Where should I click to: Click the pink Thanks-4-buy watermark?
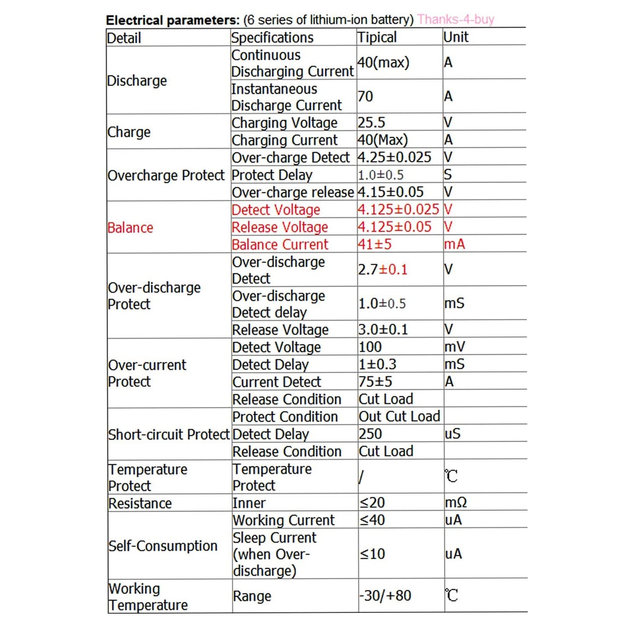pyautogui.click(x=455, y=19)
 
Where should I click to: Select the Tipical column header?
pyautogui.click(x=377, y=37)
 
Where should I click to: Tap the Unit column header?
pyautogui.click(x=456, y=37)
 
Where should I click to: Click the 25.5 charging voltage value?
pyautogui.click(x=371, y=122)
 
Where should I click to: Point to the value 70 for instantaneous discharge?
pyautogui.click(x=365, y=96)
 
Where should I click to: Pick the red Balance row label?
pyautogui.click(x=130, y=228)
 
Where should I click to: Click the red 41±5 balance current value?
pyautogui.click(x=375, y=244)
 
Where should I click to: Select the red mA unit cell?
pyautogui.click(x=455, y=244)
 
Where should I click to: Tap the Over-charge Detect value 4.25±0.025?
pyautogui.click(x=394, y=157)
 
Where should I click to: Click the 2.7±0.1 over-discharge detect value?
pyautogui.click(x=383, y=269)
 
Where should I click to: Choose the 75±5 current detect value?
pyautogui.click(x=375, y=381)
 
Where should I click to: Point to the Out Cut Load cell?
pyautogui.click(x=399, y=416)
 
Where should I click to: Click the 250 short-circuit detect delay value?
pyautogui.click(x=370, y=433)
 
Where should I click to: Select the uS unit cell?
pyautogui.click(x=452, y=433)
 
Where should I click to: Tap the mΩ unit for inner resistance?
pyautogui.click(x=456, y=503)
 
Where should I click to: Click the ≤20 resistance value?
pyautogui.click(x=372, y=503)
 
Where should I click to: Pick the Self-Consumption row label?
pyautogui.click(x=163, y=546)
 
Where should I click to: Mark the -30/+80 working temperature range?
pyautogui.click(x=385, y=596)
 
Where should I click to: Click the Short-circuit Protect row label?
pyautogui.click(x=168, y=434)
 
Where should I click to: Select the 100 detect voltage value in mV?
pyautogui.click(x=370, y=347)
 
